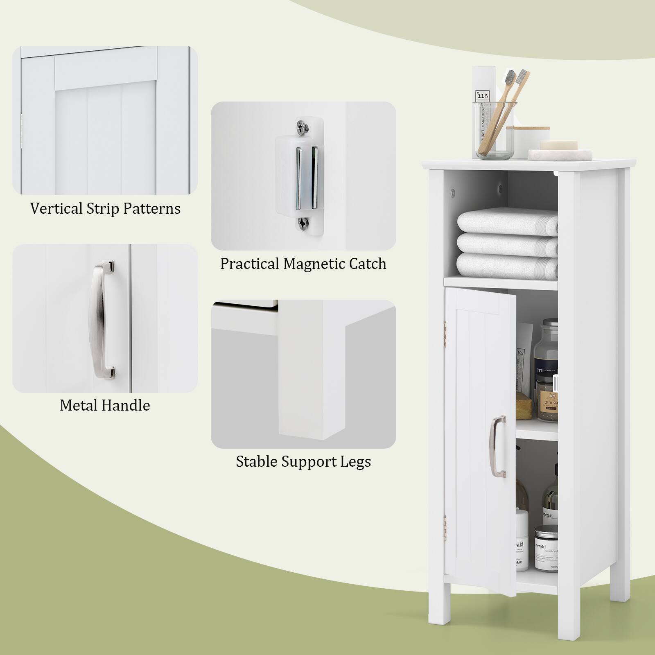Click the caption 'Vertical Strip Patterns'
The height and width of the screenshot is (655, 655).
105,209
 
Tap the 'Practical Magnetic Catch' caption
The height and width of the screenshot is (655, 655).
303,264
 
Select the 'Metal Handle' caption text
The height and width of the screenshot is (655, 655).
105,406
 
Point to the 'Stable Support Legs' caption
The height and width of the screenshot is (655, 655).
303,462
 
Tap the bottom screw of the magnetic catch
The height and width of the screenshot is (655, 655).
303,223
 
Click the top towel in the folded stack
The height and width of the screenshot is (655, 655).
507,221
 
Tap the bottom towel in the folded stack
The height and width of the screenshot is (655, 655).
507,264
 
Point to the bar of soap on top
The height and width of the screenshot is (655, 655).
559,146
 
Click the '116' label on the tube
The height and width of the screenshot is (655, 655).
483,96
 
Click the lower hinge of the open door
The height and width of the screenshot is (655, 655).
445,522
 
